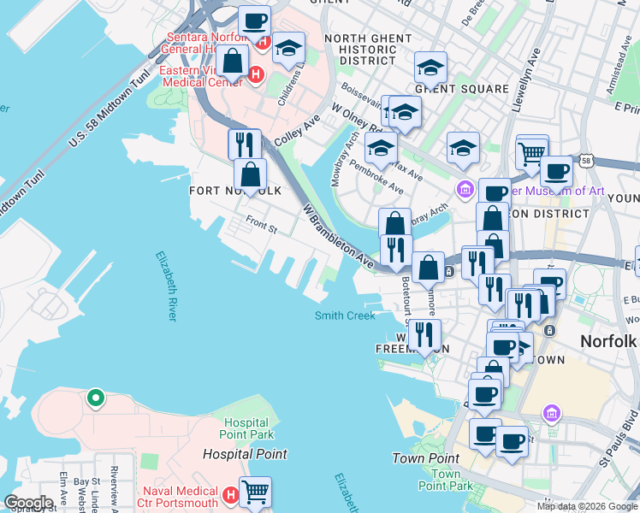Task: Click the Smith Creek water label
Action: coord(345,315)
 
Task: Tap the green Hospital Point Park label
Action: coord(248,429)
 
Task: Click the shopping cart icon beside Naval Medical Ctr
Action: coord(255,492)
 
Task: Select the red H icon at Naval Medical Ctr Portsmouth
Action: coord(229,495)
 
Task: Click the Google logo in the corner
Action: coord(27,503)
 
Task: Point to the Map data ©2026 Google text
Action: coord(586,506)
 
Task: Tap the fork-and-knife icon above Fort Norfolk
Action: coord(245,143)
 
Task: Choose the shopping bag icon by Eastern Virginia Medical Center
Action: coord(233,61)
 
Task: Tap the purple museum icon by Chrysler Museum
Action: coord(465,189)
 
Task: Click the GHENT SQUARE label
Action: coord(462,89)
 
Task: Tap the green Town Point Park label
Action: coord(446,480)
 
